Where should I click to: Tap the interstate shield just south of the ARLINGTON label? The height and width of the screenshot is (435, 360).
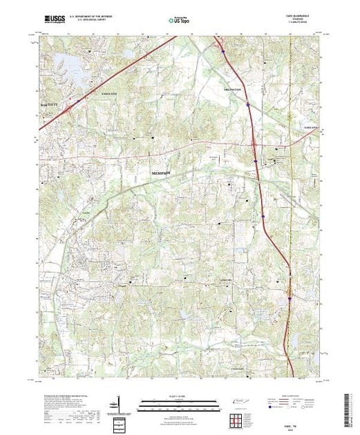coord(247,104)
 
